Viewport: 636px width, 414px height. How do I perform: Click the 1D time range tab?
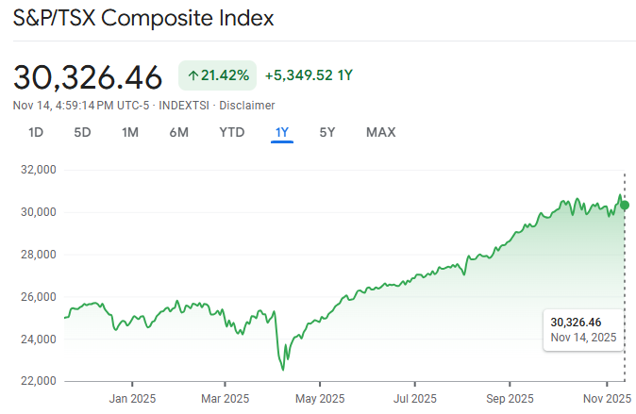click(x=36, y=132)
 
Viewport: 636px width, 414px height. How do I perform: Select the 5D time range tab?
click(x=82, y=132)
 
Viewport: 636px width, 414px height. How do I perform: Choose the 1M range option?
click(x=130, y=132)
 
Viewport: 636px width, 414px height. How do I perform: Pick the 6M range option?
click(x=179, y=132)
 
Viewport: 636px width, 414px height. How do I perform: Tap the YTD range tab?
click(x=231, y=132)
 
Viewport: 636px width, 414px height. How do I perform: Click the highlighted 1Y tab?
click(x=281, y=132)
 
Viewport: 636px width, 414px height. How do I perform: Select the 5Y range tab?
click(x=326, y=132)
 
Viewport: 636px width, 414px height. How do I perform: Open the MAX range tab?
click(x=380, y=132)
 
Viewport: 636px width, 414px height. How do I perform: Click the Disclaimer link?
click(x=248, y=105)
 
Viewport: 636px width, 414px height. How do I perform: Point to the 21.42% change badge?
click(x=217, y=75)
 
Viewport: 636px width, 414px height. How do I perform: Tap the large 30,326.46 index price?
click(x=88, y=76)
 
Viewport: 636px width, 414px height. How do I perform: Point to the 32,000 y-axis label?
click(x=38, y=170)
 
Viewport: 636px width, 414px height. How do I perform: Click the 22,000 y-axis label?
click(x=38, y=381)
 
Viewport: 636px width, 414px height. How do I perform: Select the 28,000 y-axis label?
click(x=38, y=255)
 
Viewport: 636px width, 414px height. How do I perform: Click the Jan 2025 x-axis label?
click(x=131, y=399)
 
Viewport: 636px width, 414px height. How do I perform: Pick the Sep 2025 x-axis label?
click(x=509, y=399)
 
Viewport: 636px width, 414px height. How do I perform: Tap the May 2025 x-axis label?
click(x=320, y=399)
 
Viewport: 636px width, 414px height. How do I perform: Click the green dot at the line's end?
click(x=625, y=205)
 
